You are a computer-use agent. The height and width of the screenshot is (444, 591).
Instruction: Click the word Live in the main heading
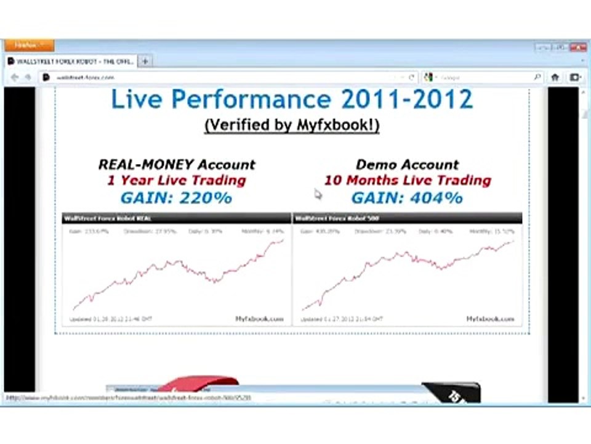pos(136,99)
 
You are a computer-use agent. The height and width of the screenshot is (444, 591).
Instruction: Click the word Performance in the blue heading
pos(249,99)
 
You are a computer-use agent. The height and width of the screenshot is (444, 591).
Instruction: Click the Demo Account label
pos(407,165)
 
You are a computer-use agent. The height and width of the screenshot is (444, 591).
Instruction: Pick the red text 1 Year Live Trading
pos(176,181)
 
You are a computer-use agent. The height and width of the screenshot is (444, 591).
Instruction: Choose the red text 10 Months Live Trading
pos(407,181)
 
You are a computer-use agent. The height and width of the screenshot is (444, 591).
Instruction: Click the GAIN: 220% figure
pos(176,198)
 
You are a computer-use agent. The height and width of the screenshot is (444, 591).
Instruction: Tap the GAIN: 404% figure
pos(407,198)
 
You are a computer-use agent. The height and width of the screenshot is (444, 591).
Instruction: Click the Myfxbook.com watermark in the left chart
pos(259,319)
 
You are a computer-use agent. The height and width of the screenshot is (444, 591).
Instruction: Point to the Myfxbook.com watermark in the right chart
pos(489,319)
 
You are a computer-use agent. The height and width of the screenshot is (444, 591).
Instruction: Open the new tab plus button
pos(145,61)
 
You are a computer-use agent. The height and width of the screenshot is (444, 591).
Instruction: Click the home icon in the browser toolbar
pos(555,77)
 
